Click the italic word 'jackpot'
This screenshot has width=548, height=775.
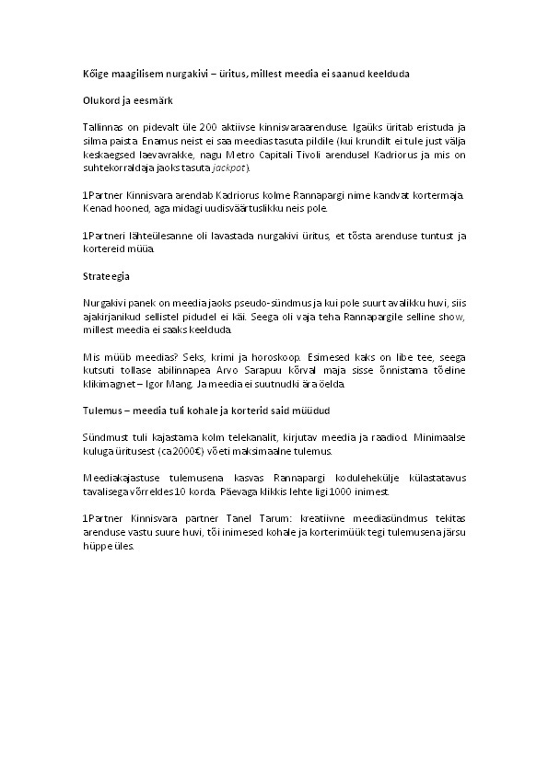(228, 169)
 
